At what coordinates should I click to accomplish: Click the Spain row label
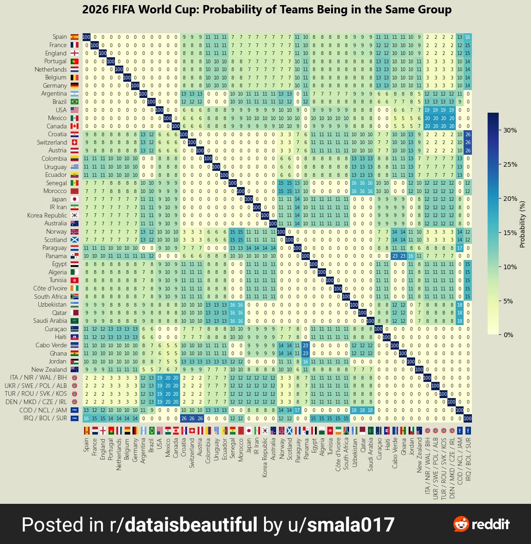tap(60, 37)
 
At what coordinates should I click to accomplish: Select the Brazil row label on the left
tap(60, 102)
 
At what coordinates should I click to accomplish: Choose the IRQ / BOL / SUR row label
tap(45, 418)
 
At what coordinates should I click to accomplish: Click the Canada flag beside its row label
tap(74, 126)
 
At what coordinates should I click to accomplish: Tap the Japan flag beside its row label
tap(74, 199)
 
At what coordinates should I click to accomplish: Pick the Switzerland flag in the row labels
tap(74, 142)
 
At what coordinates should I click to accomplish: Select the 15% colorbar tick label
tap(510, 232)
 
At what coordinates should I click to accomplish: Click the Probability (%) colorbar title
tap(523, 224)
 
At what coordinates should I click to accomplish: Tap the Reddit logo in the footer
tap(481, 524)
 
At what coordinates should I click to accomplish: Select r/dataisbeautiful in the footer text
tap(183, 525)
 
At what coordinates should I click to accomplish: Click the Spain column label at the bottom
tap(86, 445)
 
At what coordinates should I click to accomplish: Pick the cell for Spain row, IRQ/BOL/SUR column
tap(467, 37)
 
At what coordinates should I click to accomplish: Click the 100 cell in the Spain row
tap(86, 37)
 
